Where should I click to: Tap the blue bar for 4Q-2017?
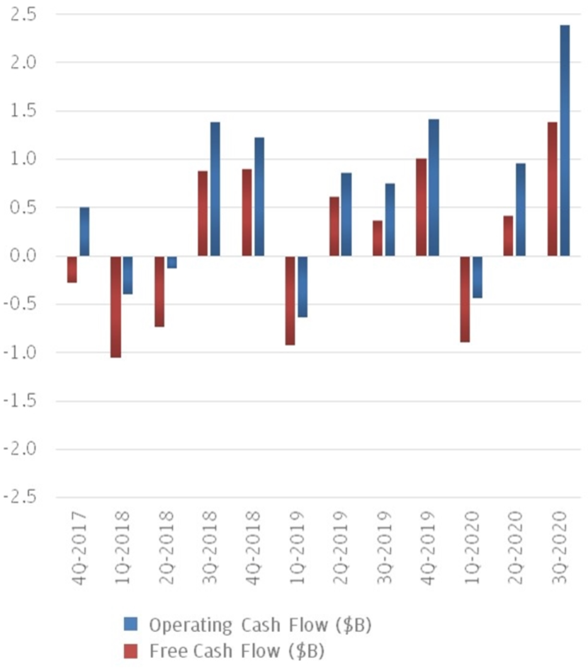tap(84, 231)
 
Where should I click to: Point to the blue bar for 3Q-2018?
tap(215, 189)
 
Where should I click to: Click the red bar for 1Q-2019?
tap(290, 300)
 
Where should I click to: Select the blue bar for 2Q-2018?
tap(171, 262)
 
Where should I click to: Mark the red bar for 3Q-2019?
tap(378, 238)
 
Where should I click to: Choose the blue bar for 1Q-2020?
tap(477, 277)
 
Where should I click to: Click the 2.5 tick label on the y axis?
tap(24, 14)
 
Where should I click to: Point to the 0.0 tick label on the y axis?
tap(24, 255)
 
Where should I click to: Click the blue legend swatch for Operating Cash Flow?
tap(131, 624)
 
